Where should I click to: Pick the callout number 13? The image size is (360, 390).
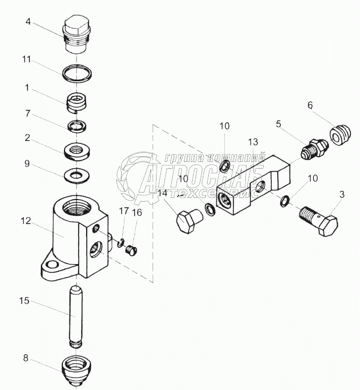(252, 142)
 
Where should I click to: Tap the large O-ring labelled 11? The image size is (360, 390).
(76, 74)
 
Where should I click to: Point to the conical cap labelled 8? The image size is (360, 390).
(76, 371)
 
